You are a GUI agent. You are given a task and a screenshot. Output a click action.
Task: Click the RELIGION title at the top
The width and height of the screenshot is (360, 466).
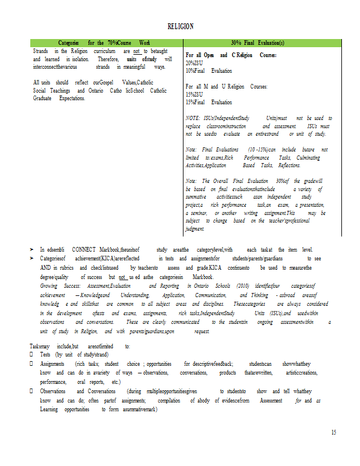pos(180,26)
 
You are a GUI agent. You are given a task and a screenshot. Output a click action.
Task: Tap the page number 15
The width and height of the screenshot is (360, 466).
pos(334,432)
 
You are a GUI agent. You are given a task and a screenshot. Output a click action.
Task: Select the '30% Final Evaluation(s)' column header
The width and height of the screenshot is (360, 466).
pos(257,43)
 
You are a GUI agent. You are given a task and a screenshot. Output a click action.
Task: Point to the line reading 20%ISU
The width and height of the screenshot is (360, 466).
pos(194,62)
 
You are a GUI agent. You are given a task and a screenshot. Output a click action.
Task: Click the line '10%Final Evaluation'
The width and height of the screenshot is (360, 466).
pos(209,70)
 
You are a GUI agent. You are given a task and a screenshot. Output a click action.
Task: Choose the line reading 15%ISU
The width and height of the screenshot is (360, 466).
pos(194,94)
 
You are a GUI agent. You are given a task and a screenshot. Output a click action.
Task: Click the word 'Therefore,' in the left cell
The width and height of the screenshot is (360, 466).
pos(108,59)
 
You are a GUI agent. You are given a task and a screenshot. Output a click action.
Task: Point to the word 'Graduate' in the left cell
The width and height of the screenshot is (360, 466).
pos(43,98)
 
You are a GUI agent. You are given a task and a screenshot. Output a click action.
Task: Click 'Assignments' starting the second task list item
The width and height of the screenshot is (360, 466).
pos(52,363)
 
